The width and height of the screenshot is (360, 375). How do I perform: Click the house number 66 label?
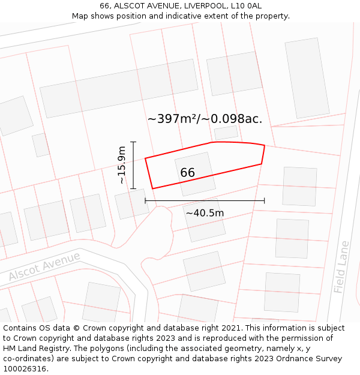(187, 173)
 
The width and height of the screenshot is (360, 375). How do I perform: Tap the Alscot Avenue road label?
(44, 267)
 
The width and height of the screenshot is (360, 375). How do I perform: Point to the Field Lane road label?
(341, 267)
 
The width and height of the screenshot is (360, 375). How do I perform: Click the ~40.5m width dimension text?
(205, 213)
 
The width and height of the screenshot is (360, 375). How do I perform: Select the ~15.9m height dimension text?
(122, 165)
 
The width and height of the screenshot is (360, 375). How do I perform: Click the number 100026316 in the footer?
(25, 368)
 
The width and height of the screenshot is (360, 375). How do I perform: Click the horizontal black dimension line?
(205, 201)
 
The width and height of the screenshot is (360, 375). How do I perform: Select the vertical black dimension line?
(133, 165)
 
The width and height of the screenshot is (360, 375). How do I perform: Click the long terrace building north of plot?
(119, 88)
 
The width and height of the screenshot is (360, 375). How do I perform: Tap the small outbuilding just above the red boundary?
(226, 133)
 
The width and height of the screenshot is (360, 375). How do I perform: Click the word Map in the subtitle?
(80, 16)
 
